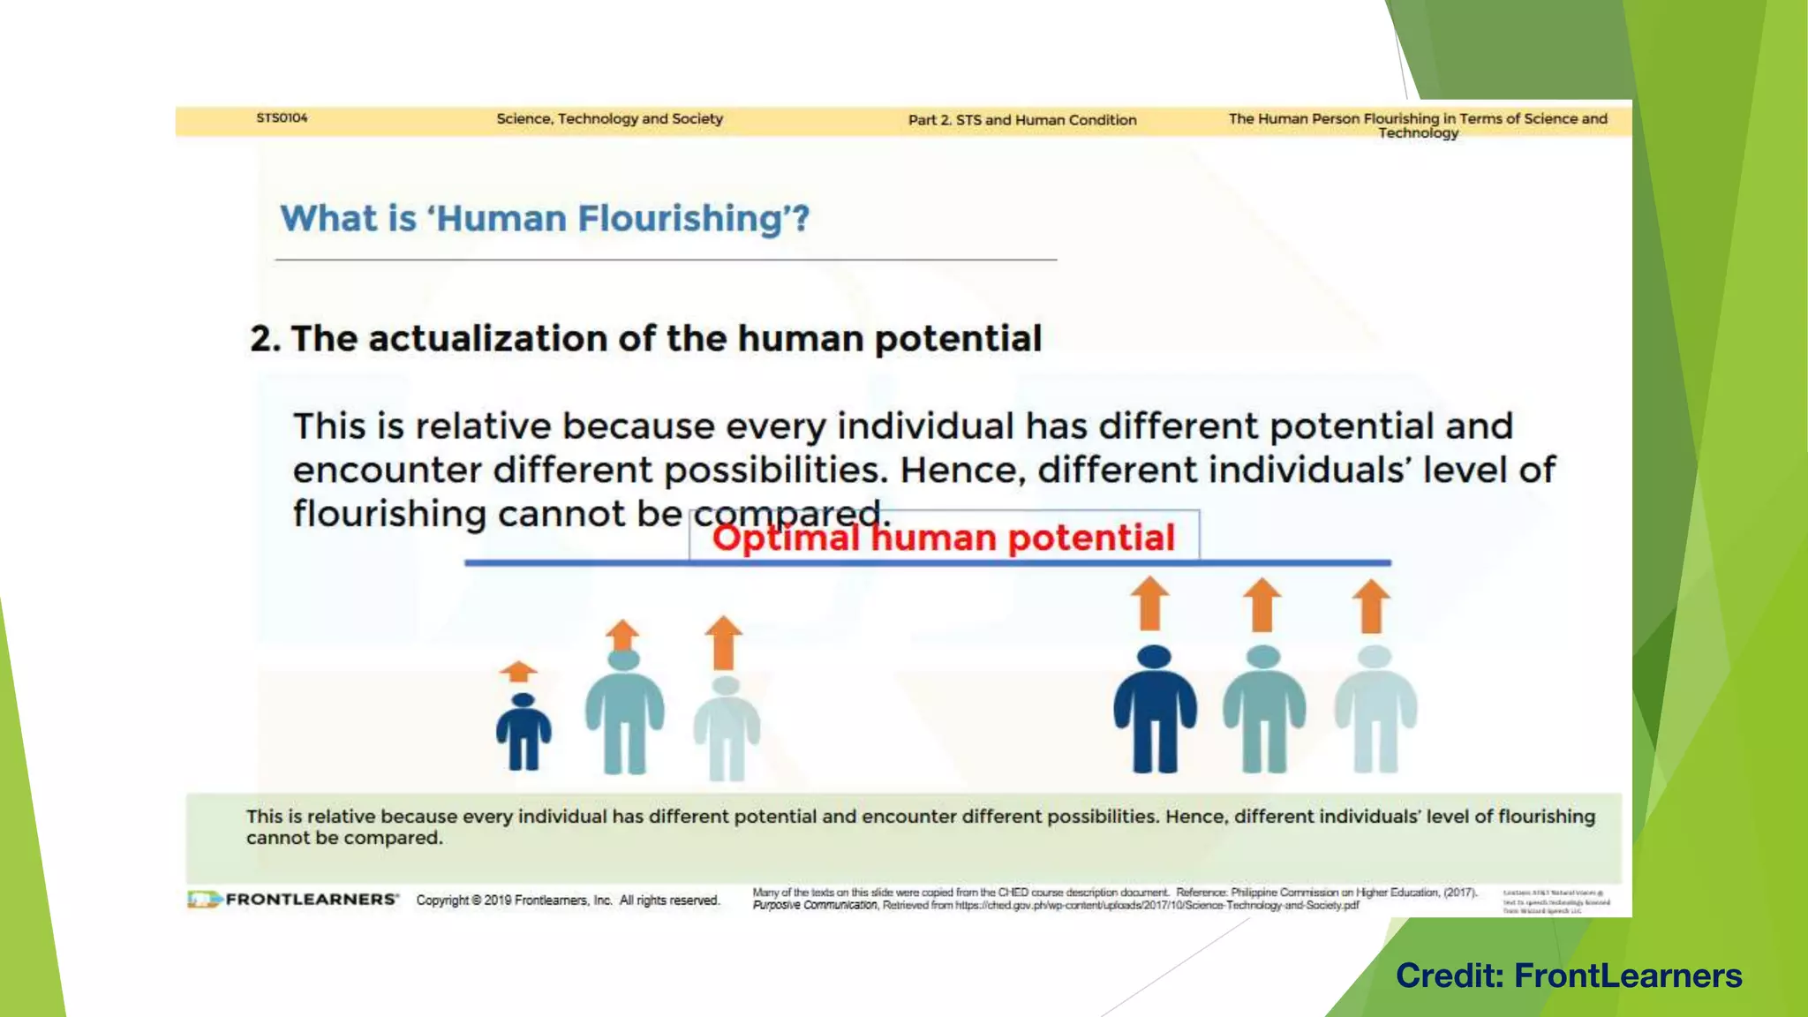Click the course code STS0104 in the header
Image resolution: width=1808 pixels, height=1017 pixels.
[282, 117]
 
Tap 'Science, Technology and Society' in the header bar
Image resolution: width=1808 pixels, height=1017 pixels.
[609, 118]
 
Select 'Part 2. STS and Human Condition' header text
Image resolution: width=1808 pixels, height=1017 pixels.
[1022, 120]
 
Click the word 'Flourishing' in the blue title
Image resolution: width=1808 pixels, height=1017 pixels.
[679, 219]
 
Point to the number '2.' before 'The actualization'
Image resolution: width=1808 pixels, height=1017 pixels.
[264, 339]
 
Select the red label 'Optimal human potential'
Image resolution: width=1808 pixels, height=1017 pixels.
[943, 538]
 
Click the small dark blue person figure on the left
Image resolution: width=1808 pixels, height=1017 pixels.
[524, 732]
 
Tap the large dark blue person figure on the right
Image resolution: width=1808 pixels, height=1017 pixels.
[1154, 710]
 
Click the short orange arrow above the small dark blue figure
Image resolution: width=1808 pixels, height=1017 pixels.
[518, 672]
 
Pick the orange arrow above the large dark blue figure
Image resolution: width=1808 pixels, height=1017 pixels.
[1150, 603]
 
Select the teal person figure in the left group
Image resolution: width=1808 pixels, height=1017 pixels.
[624, 712]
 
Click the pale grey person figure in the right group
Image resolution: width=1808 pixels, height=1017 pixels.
[1375, 710]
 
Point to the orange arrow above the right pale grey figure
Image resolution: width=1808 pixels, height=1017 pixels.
[1371, 606]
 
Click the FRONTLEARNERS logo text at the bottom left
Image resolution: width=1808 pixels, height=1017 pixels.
[311, 900]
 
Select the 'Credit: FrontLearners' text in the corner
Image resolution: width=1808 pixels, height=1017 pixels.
[1569, 976]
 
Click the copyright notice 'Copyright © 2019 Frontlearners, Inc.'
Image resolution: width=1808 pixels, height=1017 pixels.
[514, 900]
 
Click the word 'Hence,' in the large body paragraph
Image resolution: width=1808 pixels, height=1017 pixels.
[961, 470]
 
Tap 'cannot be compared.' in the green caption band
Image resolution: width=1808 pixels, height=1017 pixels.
[344, 838]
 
